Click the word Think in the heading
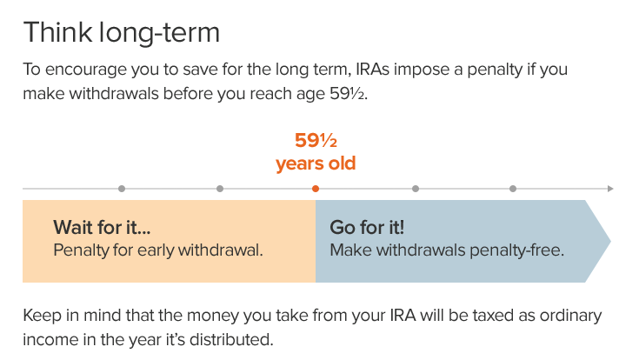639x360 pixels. (55, 33)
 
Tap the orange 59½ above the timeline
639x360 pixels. (316, 140)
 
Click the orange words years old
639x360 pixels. (316, 163)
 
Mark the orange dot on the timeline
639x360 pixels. (316, 189)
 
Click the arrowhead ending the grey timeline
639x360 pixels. (611, 189)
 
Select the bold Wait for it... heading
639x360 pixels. (102, 228)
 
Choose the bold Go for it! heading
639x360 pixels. (367, 228)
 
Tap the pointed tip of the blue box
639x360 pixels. (609, 241)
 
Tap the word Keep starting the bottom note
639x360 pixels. (41, 315)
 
